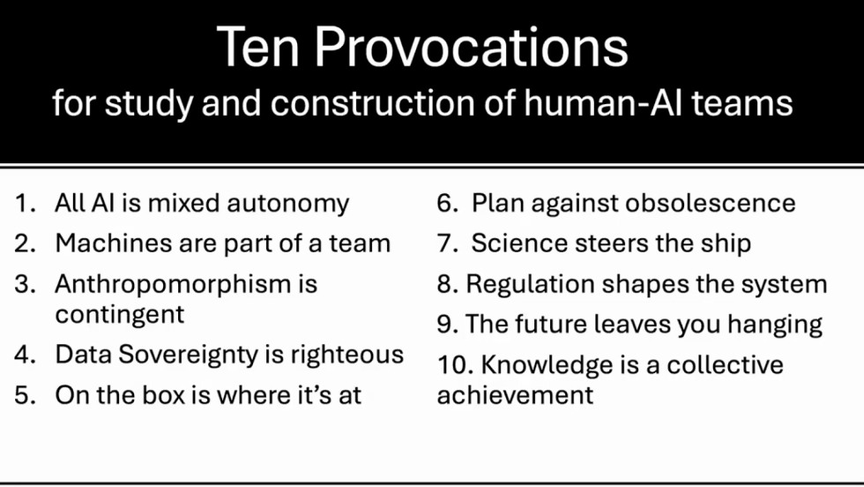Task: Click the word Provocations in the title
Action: coord(472,48)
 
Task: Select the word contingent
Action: coord(120,314)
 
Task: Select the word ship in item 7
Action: coord(726,243)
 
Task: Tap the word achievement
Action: coord(516,395)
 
